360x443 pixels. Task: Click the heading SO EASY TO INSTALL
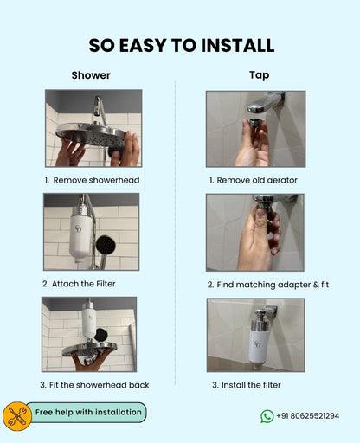181,45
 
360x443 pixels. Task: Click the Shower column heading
91,75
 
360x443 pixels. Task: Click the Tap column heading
259,75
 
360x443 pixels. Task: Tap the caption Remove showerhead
92,180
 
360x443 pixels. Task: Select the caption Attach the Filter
79,283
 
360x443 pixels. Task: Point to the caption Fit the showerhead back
91,384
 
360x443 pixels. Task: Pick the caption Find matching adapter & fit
268,284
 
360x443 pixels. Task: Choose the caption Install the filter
245,384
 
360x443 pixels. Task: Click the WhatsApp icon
267,416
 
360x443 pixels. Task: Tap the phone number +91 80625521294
308,416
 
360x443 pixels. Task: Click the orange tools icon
16,415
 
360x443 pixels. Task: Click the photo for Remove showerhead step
93,128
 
